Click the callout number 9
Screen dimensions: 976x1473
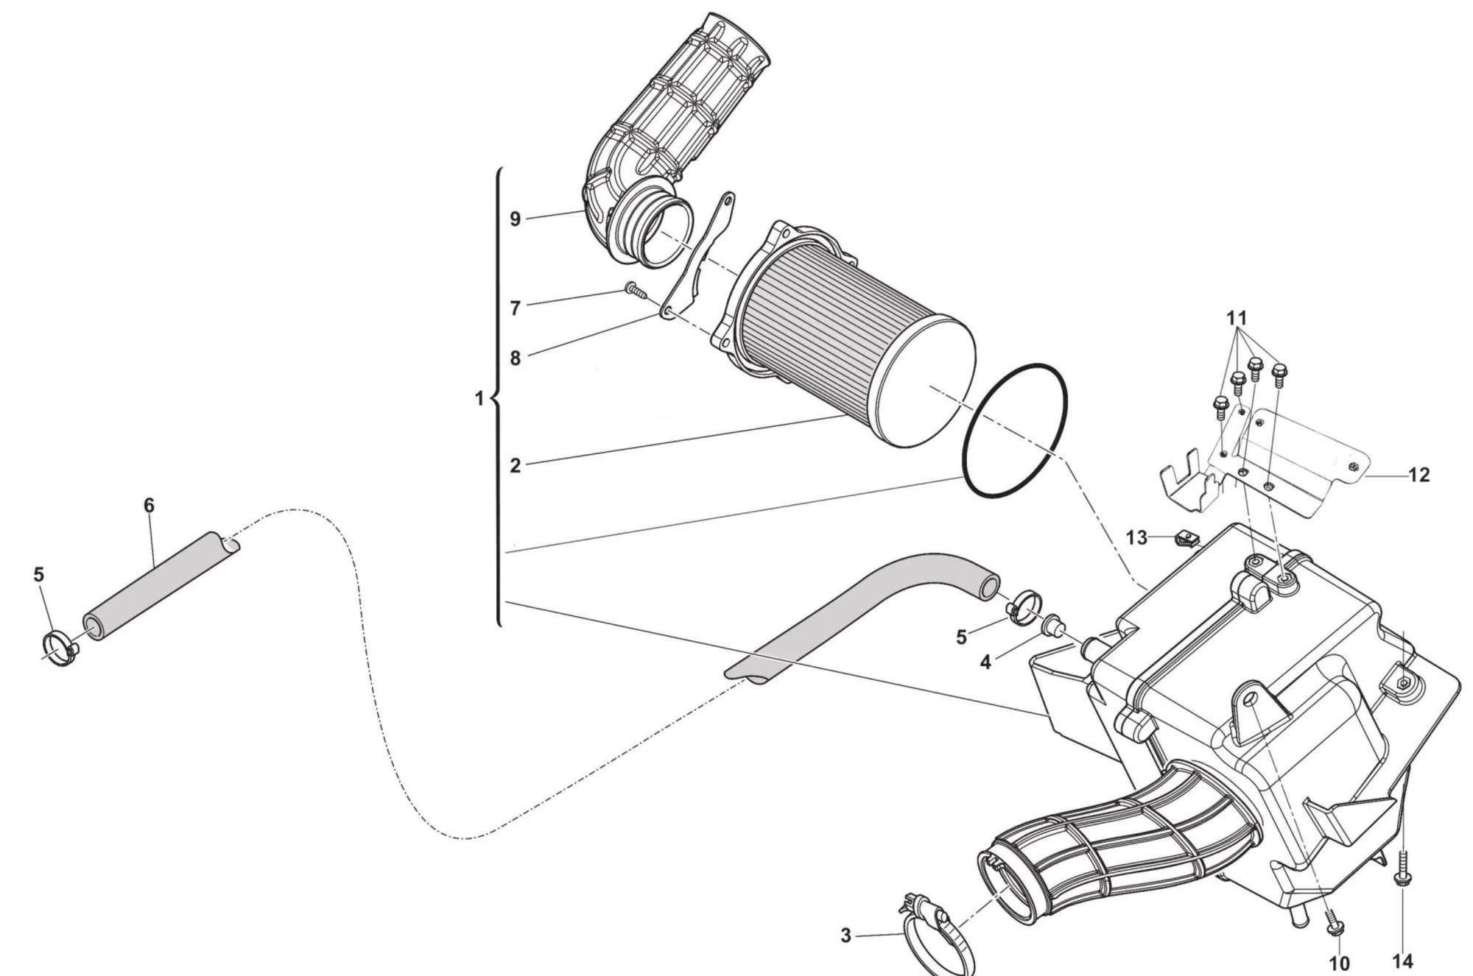(x=515, y=219)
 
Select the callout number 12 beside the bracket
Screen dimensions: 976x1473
(x=1418, y=475)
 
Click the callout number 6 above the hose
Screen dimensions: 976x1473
(x=149, y=505)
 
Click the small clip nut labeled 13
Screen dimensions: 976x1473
(x=1187, y=539)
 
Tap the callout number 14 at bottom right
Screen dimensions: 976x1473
(x=1403, y=961)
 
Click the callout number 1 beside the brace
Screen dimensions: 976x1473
(x=479, y=399)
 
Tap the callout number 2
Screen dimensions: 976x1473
(x=515, y=465)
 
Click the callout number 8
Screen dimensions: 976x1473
(x=515, y=358)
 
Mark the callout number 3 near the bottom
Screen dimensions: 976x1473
(x=846, y=936)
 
